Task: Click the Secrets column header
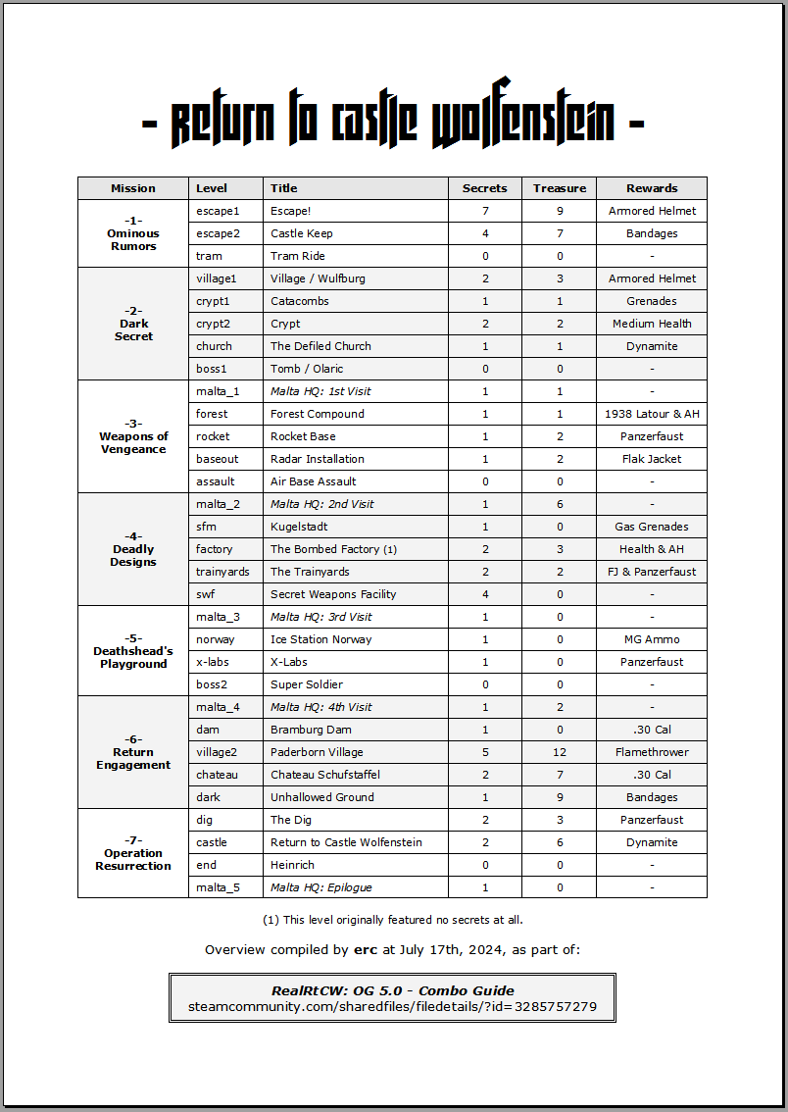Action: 485,188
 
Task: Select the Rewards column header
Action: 652,188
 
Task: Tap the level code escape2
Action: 217,233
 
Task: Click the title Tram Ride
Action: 298,256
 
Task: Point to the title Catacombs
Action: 300,301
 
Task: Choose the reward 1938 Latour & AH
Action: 652,414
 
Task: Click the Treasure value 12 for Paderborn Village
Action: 560,752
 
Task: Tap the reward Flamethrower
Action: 652,752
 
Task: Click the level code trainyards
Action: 222,572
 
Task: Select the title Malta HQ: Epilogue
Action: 321,887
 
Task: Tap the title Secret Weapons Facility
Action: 333,594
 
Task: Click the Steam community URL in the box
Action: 392,1007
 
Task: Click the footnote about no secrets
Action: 392,920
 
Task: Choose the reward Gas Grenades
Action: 652,527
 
